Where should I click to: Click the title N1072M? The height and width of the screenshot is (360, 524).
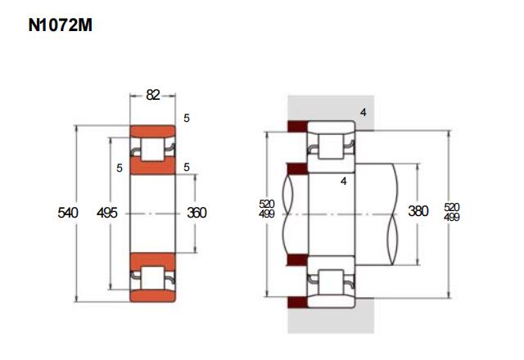pos(60,25)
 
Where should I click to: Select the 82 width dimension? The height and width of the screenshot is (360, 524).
pos(153,95)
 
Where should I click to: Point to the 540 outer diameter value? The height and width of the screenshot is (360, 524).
pos(68,213)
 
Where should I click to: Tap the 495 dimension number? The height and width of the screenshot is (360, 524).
pos(107,213)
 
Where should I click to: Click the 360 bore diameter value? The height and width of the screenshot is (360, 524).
pos(196,213)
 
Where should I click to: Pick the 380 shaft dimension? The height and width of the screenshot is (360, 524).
pos(418,211)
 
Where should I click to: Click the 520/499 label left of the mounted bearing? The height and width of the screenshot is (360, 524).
pos(267,209)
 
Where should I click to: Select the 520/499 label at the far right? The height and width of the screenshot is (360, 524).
pos(452,212)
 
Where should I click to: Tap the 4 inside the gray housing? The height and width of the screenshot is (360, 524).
pos(364,113)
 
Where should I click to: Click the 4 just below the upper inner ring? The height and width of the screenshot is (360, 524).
pos(344,182)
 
